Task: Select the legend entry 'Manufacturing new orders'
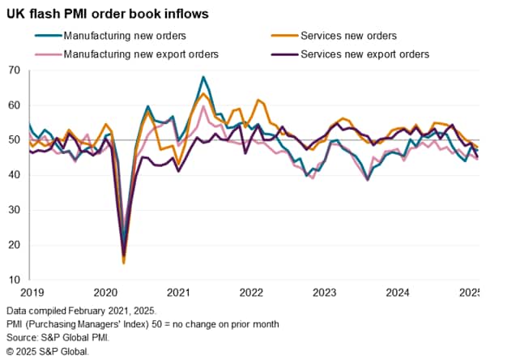coord(125,36)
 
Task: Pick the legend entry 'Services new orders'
coord(348,36)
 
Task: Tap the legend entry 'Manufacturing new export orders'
coord(143,54)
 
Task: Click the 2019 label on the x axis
coord(30,292)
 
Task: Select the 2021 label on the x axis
coord(179,292)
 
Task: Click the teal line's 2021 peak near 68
coord(203,77)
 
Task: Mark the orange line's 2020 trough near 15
coord(124,263)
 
